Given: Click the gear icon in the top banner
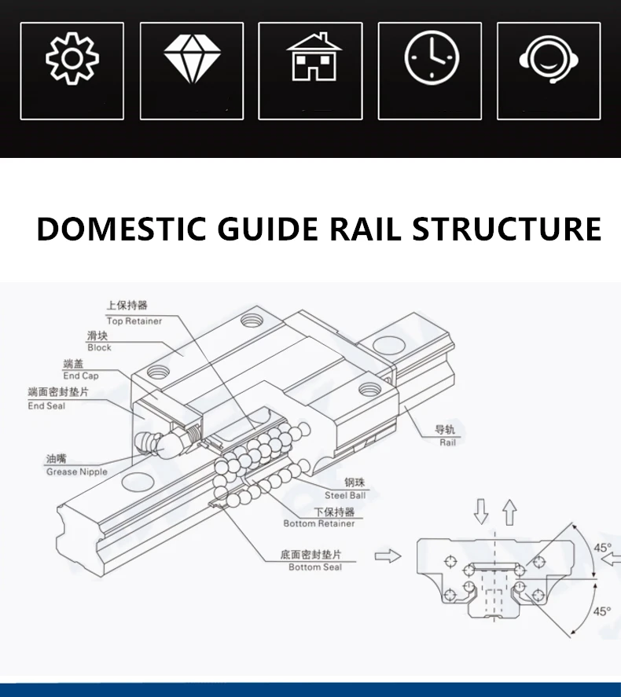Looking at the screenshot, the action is [x=72, y=58].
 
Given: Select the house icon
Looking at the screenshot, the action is [x=314, y=57].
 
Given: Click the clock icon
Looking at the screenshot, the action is [x=432, y=58].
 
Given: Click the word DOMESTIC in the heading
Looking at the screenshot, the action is [x=121, y=229].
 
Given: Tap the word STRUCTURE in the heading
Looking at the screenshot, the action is [x=507, y=229].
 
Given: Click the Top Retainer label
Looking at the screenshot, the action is [x=134, y=321].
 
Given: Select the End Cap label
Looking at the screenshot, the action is [x=80, y=376].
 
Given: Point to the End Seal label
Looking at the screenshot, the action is [x=46, y=405].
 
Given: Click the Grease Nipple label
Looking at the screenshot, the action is [x=77, y=471].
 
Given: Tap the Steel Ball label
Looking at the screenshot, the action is [x=345, y=495].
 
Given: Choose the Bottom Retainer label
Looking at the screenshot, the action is [x=319, y=523].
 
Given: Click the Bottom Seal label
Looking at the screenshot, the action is [x=315, y=567].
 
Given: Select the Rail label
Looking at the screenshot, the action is [x=447, y=442].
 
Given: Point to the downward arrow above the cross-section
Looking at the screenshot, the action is [x=481, y=512].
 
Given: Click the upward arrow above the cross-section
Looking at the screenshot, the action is [x=510, y=512].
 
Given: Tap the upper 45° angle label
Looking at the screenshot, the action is [x=602, y=548].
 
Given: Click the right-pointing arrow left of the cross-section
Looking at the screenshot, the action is [x=388, y=556].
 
